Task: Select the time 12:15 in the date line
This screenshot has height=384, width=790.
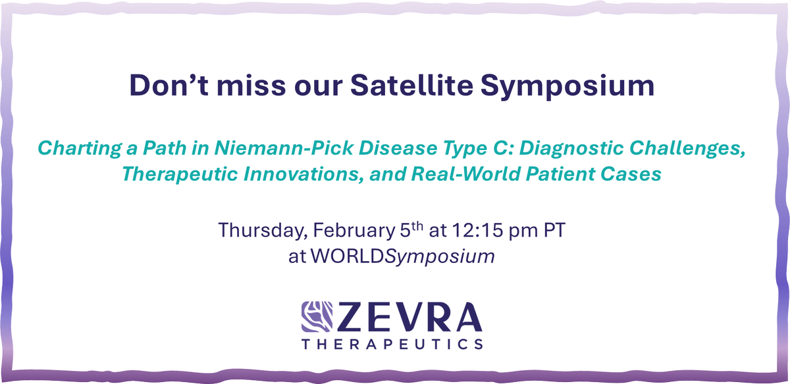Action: pos(465,231)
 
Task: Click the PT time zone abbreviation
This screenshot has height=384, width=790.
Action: pos(559,231)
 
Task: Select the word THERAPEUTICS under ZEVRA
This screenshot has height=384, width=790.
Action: pos(392,345)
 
